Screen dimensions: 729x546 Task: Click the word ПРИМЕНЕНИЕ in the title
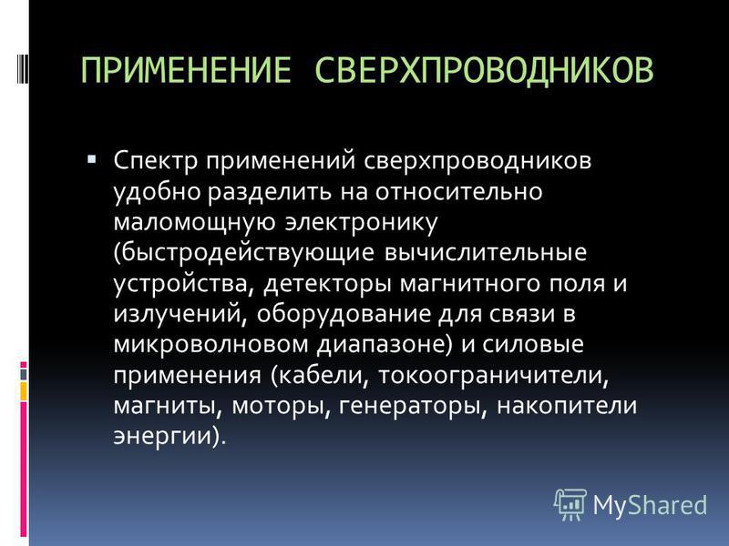(186, 70)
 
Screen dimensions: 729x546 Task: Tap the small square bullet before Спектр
(92, 160)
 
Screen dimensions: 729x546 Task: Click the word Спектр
(156, 162)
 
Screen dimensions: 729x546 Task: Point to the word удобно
(157, 192)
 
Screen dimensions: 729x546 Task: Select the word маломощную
(194, 222)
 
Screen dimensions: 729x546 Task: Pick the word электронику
(361, 222)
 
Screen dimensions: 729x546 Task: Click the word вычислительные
(486, 253)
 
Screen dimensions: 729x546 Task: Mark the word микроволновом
(211, 345)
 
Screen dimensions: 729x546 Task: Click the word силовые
(533, 345)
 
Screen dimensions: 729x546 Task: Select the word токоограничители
(493, 375)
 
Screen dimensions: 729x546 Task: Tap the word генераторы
(413, 406)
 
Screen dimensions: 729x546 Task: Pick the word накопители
(567, 405)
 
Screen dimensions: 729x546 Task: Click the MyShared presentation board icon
(570, 504)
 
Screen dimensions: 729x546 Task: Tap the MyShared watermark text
(650, 505)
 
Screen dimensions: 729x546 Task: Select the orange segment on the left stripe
(24, 391)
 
